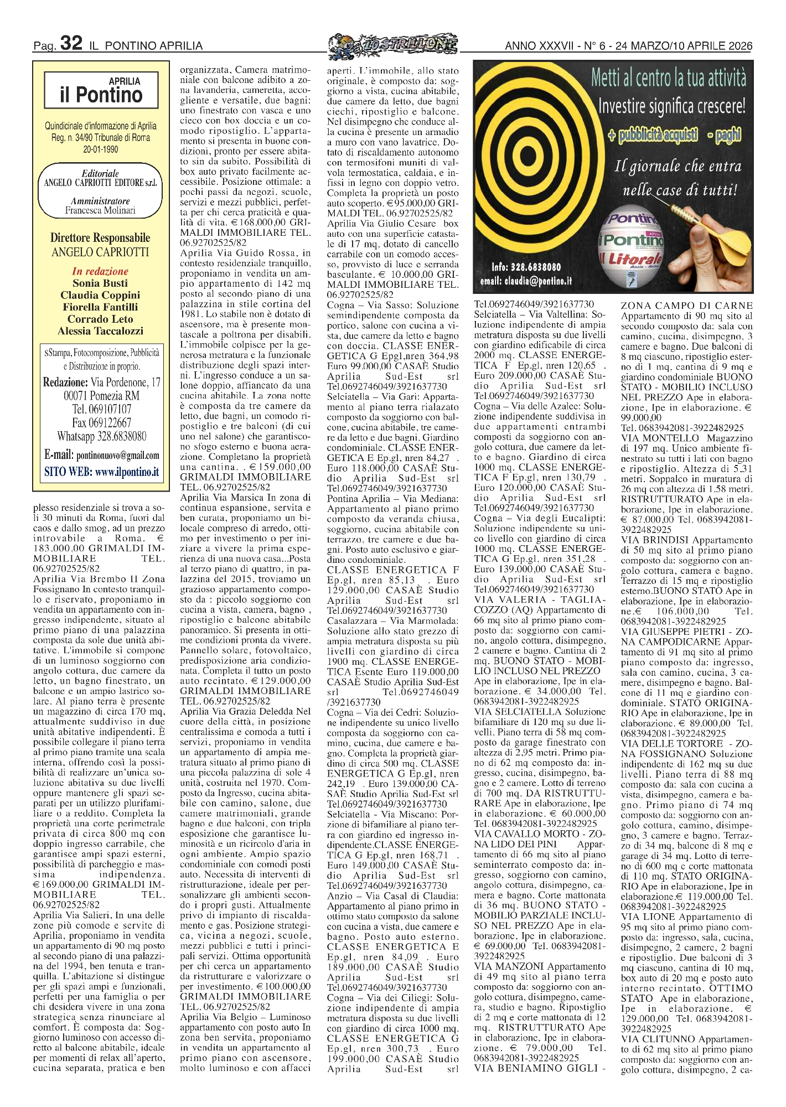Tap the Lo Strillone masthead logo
pos(392,44)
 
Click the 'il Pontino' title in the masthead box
pos(101,95)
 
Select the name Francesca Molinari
pos(100,210)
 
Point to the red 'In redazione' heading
pos(100,271)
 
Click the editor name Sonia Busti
pos(100,283)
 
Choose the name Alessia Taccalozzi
pos(100,331)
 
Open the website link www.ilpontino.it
pos(127,472)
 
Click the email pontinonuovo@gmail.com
pos(117,455)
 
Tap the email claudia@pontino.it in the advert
pos(526,281)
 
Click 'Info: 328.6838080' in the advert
pos(526,267)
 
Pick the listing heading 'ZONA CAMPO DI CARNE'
pos(686,306)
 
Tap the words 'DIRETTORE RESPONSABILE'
pos(100,238)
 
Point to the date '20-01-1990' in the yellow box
pos(100,149)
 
